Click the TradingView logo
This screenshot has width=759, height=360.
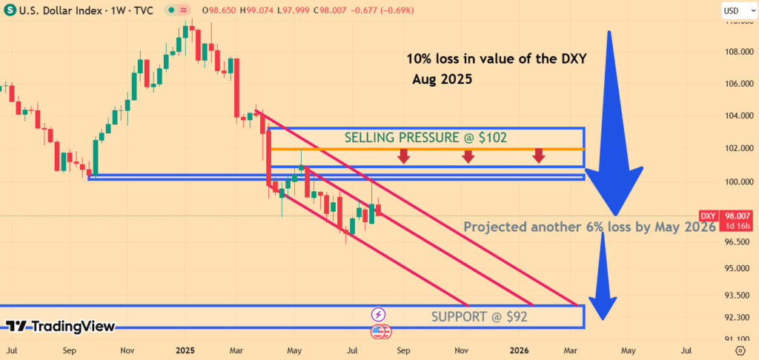pos(61,326)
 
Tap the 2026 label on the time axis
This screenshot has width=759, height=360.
pos(519,349)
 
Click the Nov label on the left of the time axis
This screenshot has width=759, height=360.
pos(127,349)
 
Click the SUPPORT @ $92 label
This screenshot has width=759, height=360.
pos(479,317)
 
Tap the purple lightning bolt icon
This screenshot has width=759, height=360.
pos(378,315)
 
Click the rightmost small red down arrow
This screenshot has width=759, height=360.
pos(539,156)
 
